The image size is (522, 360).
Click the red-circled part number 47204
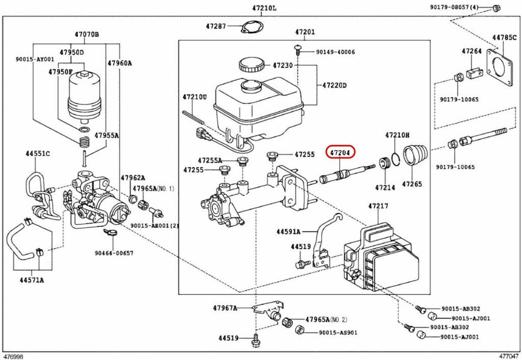(341, 153)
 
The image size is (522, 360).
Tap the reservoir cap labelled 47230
(251, 65)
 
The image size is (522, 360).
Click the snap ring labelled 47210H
(395, 160)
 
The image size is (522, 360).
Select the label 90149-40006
(335, 52)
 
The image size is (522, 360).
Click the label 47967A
(225, 308)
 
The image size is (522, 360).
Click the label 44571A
(31, 280)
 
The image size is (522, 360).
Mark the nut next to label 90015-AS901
(299, 329)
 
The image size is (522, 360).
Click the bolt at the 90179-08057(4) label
(496, 7)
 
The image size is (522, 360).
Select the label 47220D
(334, 85)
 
